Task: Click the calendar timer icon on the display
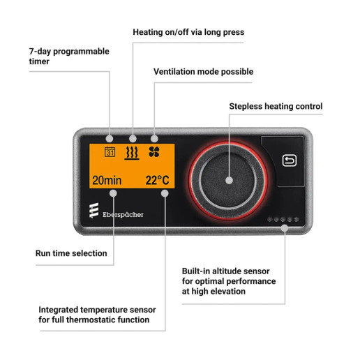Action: coord(110,152)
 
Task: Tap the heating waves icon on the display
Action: coord(131,152)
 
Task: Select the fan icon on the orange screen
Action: coord(154,152)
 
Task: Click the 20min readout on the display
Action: coord(107,180)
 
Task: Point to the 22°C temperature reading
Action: coord(158,180)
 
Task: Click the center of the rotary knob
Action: coord(228,179)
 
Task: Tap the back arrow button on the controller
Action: coord(290,160)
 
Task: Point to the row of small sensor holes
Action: coord(283,219)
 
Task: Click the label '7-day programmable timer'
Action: coord(68,57)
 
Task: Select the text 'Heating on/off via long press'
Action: coord(188,32)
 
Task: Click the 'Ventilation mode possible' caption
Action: coord(203,71)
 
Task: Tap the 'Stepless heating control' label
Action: coord(276,107)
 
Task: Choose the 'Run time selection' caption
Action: coord(71,253)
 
